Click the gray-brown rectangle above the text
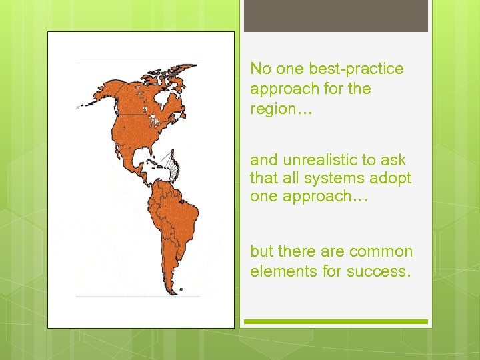pos(335,16)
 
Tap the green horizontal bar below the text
pos(335,321)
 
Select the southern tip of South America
pos(167,287)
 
